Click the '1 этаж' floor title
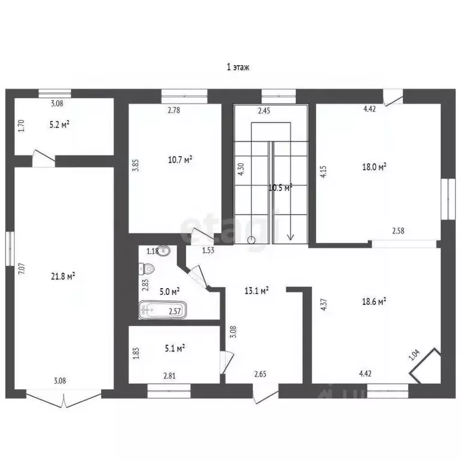pos(238,67)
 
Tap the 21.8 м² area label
pos(63,276)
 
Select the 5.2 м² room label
pos(59,125)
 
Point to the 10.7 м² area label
pos(180,160)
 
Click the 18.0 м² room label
pos(374,167)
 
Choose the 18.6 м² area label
pos(374,301)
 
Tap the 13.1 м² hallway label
pos(257,291)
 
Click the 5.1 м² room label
pos(175,348)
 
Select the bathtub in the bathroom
pos(163,310)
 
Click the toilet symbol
pos(146,268)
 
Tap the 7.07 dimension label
pos(22,269)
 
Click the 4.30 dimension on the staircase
pos(241,169)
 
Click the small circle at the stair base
pos(252,240)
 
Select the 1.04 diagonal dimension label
pos(414,355)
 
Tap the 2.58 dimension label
pos(398,230)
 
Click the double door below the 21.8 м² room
pos(64,399)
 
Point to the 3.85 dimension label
pos(135,165)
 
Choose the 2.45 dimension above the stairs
pos(264,111)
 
